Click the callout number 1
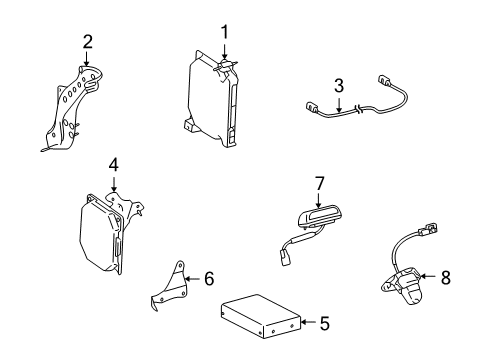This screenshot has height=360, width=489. pos(224,31)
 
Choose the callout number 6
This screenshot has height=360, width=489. pos(209,279)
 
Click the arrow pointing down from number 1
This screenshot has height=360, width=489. pos(224,52)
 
